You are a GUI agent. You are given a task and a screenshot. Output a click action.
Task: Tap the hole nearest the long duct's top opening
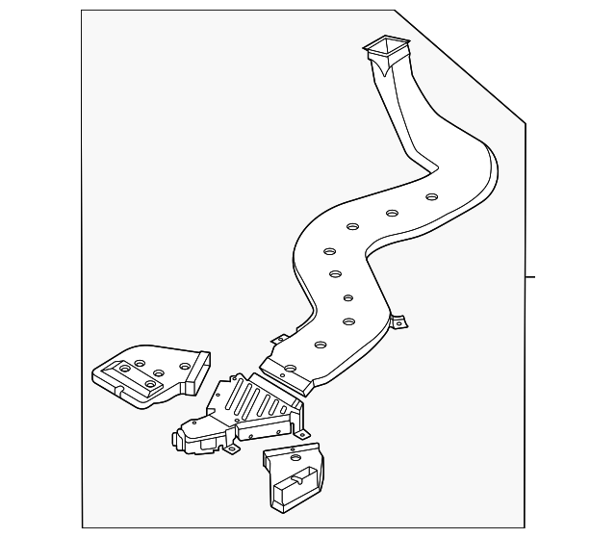point(432,196)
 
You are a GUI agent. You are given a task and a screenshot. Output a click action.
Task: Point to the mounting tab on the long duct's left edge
point(277,339)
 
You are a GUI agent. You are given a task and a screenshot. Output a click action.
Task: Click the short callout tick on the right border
point(529,276)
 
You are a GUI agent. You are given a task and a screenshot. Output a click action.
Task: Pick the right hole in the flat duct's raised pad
point(150,383)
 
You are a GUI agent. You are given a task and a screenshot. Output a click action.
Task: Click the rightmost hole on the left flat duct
point(184,367)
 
